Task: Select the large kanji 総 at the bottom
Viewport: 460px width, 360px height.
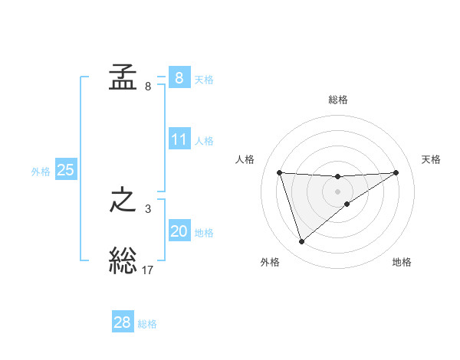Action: [x=123, y=261]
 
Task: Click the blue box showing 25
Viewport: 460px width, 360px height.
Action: [x=66, y=170]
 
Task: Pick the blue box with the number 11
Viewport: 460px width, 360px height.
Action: [x=179, y=139]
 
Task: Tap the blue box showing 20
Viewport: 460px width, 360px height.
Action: [x=179, y=231]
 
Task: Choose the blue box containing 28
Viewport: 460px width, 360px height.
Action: [x=123, y=322]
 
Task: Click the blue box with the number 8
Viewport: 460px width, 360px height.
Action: [x=179, y=77]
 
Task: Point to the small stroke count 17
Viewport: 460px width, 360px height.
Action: [x=148, y=270]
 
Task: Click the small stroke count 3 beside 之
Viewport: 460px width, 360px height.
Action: [x=147, y=208]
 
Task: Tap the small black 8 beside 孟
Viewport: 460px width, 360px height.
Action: [x=147, y=86]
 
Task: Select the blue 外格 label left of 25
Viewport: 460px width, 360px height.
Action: [x=41, y=172]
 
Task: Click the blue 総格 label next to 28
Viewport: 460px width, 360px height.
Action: [x=147, y=324]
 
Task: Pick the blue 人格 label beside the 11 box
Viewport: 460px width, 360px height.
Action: [x=204, y=141]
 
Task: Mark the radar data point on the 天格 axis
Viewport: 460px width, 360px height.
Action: [x=396, y=172]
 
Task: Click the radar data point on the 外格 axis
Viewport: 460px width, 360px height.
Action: [x=301, y=242]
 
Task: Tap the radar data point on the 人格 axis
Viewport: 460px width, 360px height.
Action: [x=279, y=172]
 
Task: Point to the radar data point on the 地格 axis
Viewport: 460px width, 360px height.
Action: [x=347, y=204]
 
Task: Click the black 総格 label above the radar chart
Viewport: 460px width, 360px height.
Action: [x=338, y=100]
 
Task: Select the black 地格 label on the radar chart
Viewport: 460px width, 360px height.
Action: [x=402, y=262]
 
